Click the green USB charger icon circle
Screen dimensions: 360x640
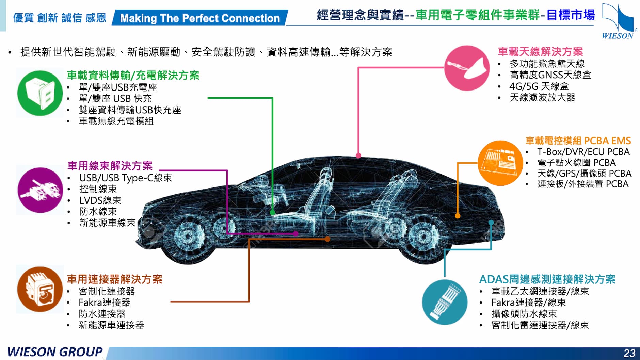[40, 93]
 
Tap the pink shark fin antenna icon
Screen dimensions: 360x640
[467, 68]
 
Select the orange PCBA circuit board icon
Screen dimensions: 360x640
[500, 163]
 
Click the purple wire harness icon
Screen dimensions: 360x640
[40, 190]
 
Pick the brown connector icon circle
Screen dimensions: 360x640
[40, 289]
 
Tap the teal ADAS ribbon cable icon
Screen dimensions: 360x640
[445, 302]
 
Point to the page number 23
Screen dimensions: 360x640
[629, 353]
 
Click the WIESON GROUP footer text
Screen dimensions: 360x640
[54, 352]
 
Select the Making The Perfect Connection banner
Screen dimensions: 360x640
[200, 18]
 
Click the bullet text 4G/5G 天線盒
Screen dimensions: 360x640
[539, 86]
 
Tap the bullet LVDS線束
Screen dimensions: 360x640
[100, 200]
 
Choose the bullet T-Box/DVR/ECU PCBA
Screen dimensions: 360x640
[583, 152]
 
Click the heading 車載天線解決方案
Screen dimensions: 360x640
[540, 52]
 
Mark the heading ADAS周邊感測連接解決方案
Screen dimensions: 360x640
[547, 279]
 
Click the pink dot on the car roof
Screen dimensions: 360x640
[358, 156]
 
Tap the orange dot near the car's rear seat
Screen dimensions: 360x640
[458, 216]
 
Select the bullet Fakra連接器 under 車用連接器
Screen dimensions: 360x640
[105, 302]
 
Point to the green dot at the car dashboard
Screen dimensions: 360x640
[272, 213]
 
